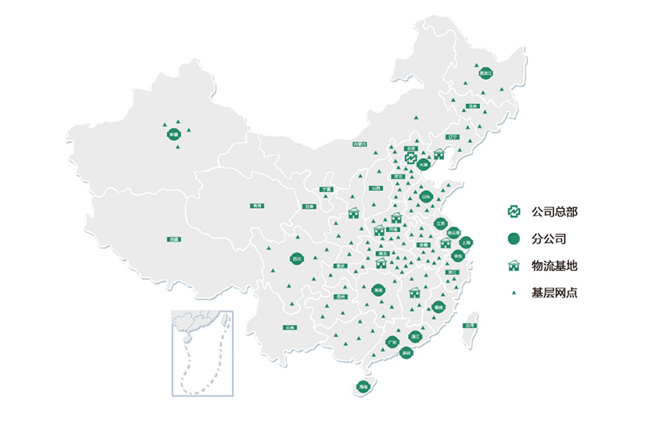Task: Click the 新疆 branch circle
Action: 173,135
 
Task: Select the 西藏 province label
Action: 174,239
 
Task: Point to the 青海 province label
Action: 256,206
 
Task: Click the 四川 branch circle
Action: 297,259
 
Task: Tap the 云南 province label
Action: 289,328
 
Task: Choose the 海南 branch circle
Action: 364,388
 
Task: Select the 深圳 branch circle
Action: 407,353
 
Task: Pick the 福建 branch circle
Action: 439,307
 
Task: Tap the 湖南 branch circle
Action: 378,289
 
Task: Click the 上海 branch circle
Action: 465,242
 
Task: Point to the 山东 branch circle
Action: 427,196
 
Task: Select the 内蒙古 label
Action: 360,144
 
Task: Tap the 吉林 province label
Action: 473,106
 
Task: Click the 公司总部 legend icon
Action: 514,212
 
